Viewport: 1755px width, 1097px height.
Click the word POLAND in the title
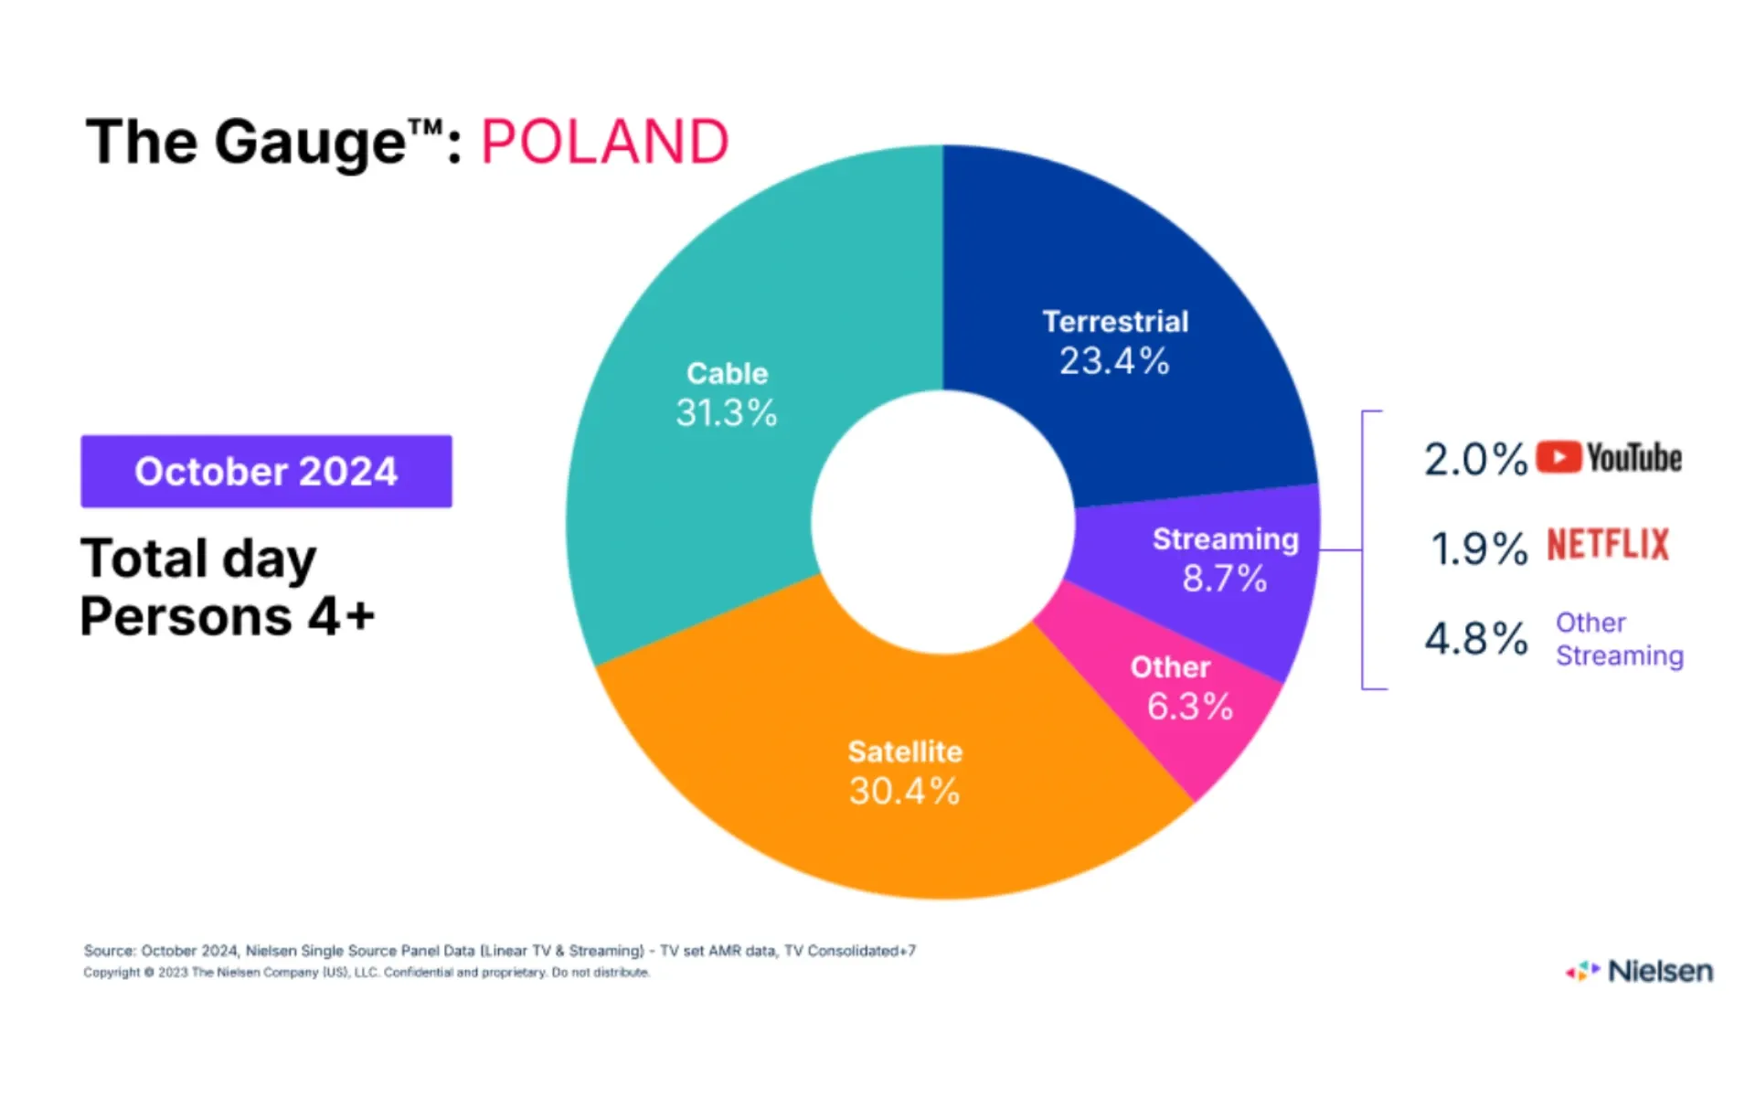coord(604,143)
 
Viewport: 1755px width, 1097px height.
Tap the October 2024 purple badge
coord(266,472)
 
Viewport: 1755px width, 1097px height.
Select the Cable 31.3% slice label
coord(727,394)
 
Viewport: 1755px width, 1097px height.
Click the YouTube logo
coord(1609,458)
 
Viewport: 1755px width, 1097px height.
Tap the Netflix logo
coord(1608,545)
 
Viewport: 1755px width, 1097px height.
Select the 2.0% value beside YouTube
coord(1475,459)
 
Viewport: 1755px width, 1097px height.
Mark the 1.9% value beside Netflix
coord(1478,548)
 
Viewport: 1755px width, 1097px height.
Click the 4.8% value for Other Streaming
coord(1475,638)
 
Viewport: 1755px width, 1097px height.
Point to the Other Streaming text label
coord(1619,639)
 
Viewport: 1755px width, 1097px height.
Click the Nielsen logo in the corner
coord(1640,971)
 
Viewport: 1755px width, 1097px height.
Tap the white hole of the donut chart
coord(942,522)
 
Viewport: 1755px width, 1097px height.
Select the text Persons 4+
coord(228,616)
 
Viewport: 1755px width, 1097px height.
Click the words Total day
coord(198,559)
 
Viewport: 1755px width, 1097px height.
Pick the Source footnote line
coord(499,951)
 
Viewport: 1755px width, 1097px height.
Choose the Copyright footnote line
coord(367,973)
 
